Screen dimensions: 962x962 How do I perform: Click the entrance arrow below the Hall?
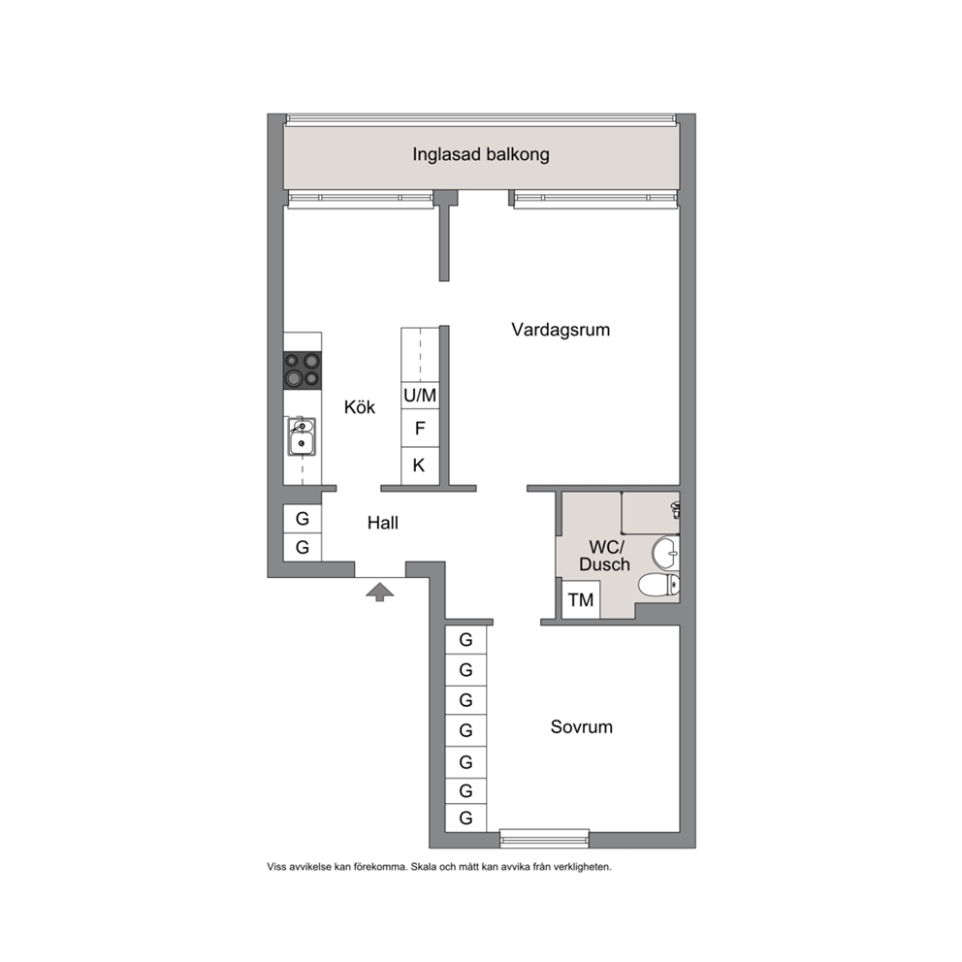coord(380,592)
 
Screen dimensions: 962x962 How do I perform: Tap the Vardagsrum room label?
coord(561,330)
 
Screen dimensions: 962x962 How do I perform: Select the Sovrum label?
coord(582,727)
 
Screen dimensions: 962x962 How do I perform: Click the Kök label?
coord(360,406)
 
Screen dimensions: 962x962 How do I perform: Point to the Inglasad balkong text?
coord(481,154)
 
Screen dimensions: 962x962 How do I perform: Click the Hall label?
coord(383,523)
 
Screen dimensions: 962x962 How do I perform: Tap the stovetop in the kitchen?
coord(302,369)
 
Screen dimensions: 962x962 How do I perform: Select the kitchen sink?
coord(302,436)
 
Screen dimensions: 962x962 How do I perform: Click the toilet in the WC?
coord(659,585)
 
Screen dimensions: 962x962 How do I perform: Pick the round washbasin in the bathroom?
coord(665,553)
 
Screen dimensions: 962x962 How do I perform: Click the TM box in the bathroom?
coord(581,599)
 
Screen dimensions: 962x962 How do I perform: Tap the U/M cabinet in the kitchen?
coord(420,395)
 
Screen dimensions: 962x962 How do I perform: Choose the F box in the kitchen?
coord(420,429)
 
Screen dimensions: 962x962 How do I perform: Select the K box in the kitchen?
coord(420,465)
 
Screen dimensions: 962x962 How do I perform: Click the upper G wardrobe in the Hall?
coord(303,519)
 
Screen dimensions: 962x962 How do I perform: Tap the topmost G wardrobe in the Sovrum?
coord(465,640)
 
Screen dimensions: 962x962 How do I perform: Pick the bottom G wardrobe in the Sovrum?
coord(465,818)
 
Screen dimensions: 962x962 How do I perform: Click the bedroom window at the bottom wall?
coord(544,838)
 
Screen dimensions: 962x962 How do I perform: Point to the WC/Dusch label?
coord(605,556)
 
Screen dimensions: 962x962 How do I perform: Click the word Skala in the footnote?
coord(423,867)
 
